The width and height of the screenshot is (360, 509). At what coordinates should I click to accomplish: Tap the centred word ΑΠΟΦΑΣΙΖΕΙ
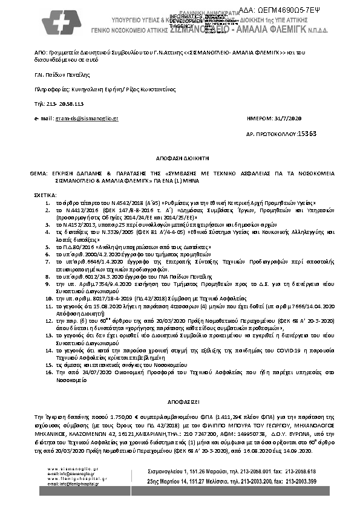(180, 401)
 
